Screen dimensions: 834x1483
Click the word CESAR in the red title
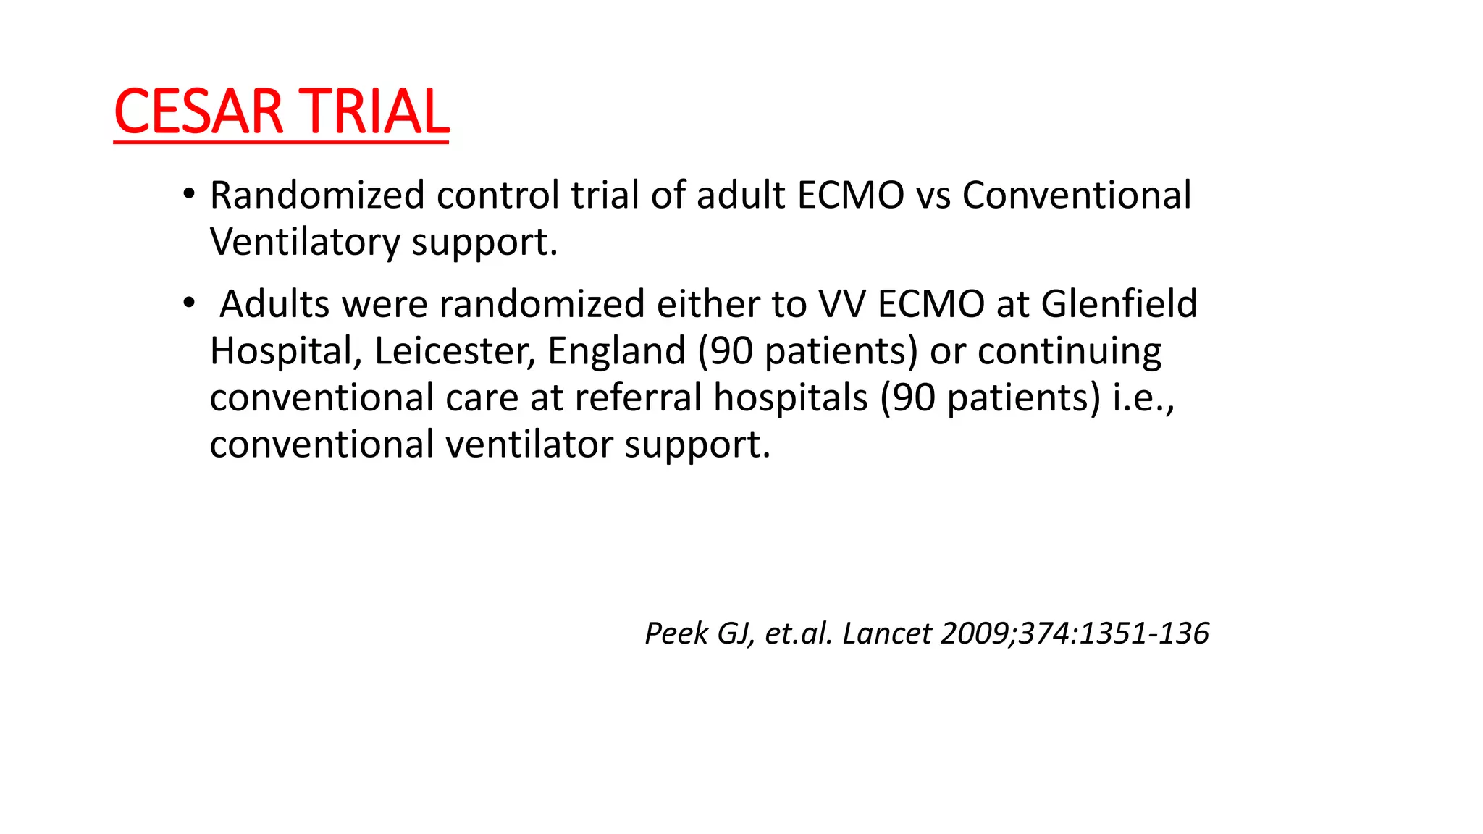point(198,112)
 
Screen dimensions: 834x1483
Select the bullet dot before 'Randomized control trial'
point(189,194)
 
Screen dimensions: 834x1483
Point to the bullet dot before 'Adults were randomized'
point(189,303)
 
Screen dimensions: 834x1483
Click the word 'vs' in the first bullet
point(933,195)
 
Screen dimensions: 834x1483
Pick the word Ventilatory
point(305,243)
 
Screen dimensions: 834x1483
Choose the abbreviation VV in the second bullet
point(842,304)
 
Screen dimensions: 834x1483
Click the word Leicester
point(455,351)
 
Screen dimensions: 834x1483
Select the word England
point(616,351)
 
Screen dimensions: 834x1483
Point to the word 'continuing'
point(1070,351)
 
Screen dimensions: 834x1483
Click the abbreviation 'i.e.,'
point(1143,397)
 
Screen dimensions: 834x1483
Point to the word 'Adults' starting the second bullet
point(275,304)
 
